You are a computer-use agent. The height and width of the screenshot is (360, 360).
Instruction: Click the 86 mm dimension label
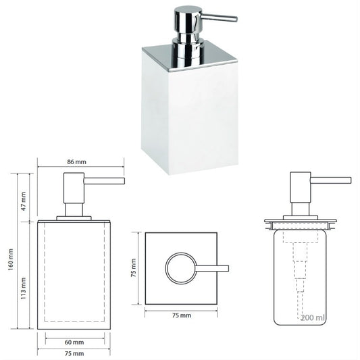click(x=77, y=162)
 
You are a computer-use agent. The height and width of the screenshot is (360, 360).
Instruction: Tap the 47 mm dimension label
click(x=24, y=201)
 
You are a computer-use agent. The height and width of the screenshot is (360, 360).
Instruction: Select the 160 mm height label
click(x=11, y=259)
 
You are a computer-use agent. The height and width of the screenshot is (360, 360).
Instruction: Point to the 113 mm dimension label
click(x=24, y=288)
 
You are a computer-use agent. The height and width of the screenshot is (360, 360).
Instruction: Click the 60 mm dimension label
click(x=74, y=342)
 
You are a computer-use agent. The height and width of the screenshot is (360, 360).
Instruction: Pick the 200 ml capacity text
click(x=313, y=317)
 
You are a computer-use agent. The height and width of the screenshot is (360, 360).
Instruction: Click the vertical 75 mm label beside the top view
click(x=133, y=267)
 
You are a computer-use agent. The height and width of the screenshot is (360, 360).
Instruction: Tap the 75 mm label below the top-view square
click(x=182, y=315)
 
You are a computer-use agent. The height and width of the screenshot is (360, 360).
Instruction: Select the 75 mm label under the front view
click(x=74, y=353)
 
